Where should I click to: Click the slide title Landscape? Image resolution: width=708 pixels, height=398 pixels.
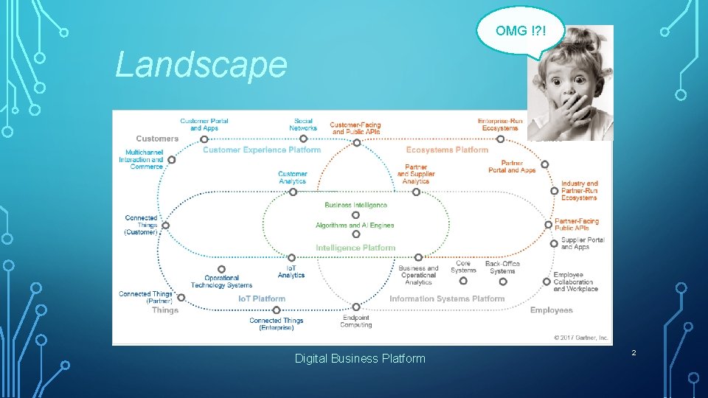201,65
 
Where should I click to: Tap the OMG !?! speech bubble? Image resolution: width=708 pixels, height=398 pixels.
521,31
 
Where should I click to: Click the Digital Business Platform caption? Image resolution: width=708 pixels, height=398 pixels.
360,358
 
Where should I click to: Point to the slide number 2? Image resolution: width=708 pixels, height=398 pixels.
633,354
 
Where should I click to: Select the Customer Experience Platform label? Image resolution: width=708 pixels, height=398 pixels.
262,150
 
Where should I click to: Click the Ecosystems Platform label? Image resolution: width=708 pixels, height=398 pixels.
447,150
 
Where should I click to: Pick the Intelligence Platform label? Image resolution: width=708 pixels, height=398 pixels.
355,248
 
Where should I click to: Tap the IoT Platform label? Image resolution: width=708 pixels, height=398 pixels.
261,298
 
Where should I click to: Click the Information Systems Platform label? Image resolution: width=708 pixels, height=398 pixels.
447,298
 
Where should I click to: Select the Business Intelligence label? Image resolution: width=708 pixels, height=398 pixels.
355,205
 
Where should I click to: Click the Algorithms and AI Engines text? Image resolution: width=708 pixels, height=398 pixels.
355,225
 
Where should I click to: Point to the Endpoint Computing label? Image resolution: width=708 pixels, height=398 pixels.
356,321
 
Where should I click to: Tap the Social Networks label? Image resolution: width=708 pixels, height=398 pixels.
303,125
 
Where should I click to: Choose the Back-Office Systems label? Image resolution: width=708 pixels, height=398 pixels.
502,267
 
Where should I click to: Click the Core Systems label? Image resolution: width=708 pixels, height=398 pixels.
463,266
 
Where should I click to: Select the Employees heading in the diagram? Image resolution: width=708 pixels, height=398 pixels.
551,310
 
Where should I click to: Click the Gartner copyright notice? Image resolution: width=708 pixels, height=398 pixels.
581,338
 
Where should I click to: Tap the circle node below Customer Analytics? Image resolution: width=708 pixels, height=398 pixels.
293,192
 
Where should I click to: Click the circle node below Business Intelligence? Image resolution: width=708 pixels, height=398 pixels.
355,214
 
